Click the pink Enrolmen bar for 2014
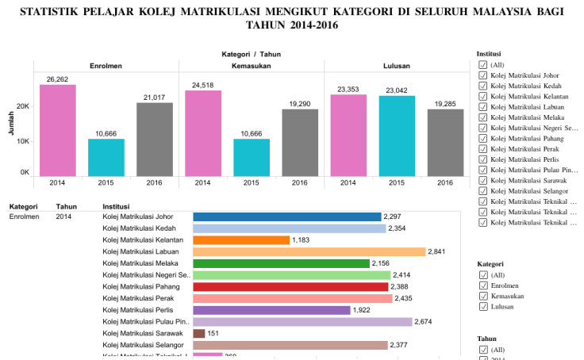pyautogui.click(x=58, y=130)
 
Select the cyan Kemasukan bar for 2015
pyautogui.click(x=251, y=157)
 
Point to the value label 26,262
pyautogui.click(x=58, y=79)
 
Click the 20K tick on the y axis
pyautogui.click(x=24, y=105)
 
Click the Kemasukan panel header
pyautogui.click(x=251, y=65)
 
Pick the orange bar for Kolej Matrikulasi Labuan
pyautogui.click(x=309, y=251)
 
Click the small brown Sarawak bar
pyautogui.click(x=199, y=334)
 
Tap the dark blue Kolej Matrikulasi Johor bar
pyautogui.click(x=286, y=216)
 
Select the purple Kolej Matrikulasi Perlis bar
pyautogui.click(x=271, y=310)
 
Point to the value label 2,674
pyautogui.click(x=425, y=322)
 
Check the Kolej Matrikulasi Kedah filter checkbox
pyautogui.click(x=483, y=86)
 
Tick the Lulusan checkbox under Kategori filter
pyautogui.click(x=483, y=305)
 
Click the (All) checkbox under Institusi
pyautogui.click(x=483, y=65)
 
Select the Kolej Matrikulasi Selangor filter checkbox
pyautogui.click(x=483, y=191)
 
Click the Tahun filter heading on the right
pyautogui.click(x=487, y=337)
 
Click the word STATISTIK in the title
pyautogui.click(x=52, y=12)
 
